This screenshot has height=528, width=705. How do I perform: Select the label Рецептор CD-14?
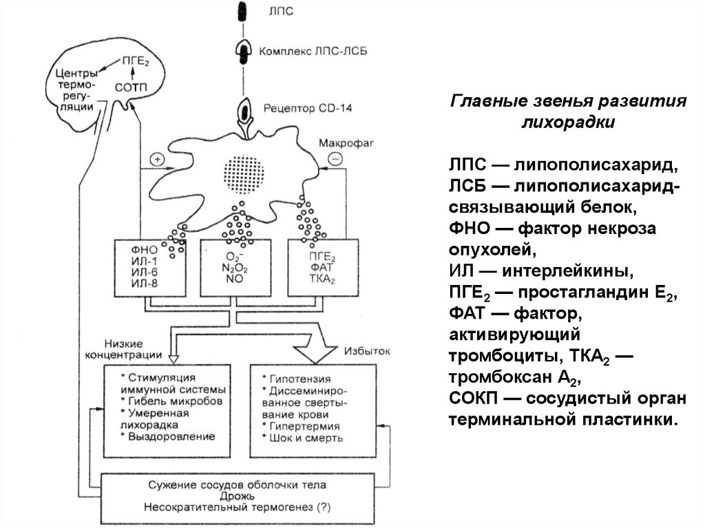297,109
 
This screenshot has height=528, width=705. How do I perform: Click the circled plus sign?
158,159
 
